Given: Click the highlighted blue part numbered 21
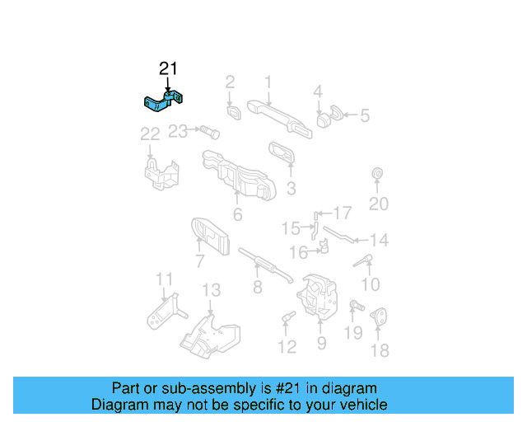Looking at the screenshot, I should point(166,103).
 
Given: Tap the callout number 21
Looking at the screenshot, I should point(168,69).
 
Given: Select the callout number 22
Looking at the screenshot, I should point(150,134).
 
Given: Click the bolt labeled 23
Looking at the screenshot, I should point(207,130).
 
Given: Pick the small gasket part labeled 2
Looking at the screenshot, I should point(232,110).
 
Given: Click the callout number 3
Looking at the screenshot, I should point(291,189).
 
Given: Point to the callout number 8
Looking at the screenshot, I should point(258,287).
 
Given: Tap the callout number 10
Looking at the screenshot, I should point(371,284).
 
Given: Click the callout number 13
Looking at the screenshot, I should point(212,290).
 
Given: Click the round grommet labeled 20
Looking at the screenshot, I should point(378,175).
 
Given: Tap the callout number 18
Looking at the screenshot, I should point(379,350).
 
